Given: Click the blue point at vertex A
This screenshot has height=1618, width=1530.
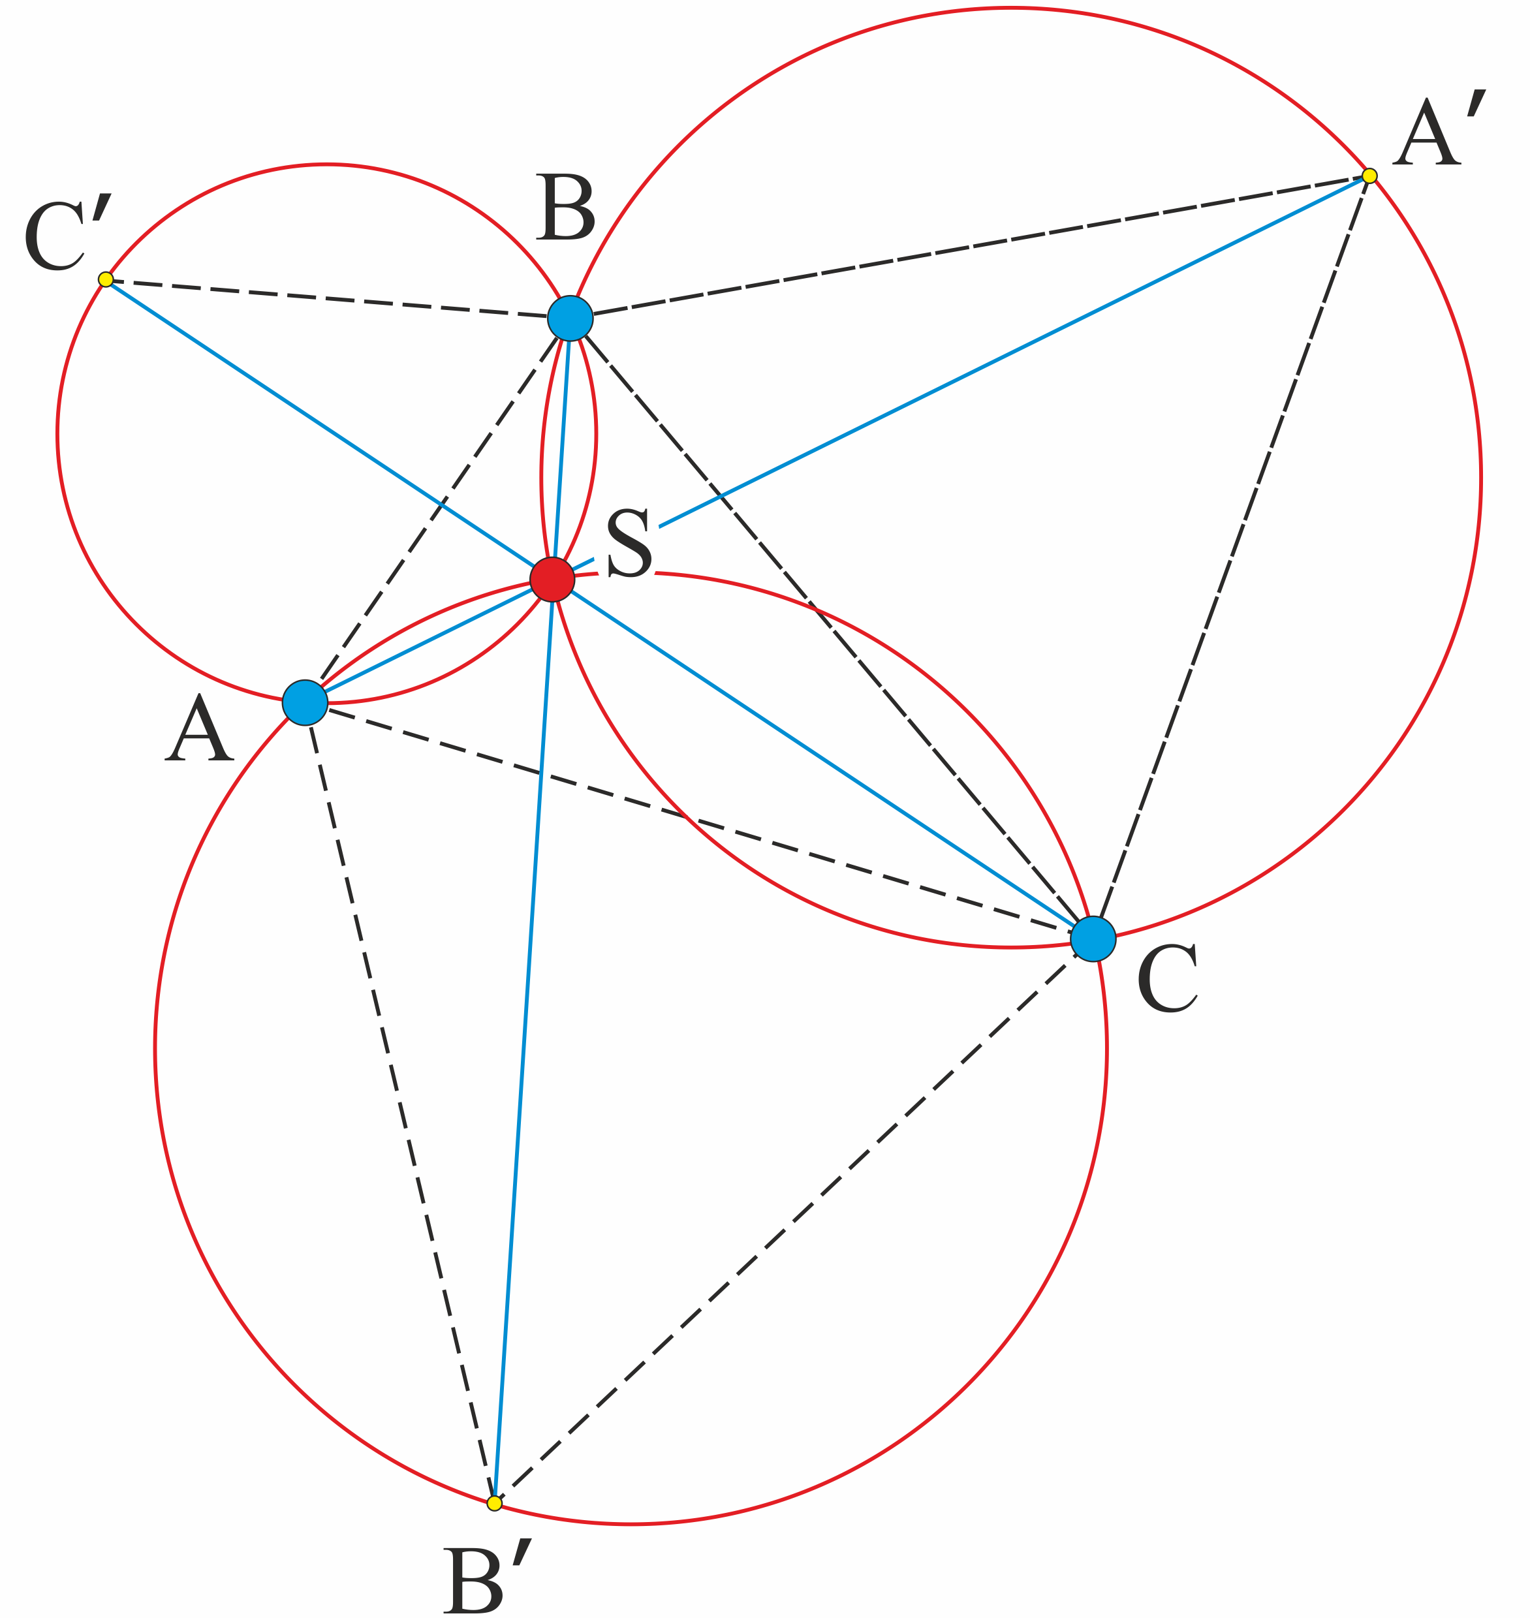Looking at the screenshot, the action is click(305, 702).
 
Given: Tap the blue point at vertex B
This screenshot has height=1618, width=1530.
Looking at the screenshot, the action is click(570, 318).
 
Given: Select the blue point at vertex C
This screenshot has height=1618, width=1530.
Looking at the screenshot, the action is click(1093, 939).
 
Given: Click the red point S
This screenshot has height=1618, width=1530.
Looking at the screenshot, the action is click(552, 580).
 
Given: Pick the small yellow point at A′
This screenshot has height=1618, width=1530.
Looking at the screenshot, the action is click(1370, 176).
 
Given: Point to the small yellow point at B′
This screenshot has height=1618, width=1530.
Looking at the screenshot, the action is click(494, 1503).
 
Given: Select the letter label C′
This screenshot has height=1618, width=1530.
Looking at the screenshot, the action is click(68, 234).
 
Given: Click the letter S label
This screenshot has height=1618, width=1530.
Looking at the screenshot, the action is click(630, 543).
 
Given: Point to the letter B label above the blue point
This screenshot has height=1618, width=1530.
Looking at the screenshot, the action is click(565, 207).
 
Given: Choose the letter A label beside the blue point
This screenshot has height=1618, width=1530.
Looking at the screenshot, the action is click(199, 728).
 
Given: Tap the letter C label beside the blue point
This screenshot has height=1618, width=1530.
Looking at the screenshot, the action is click(1167, 978).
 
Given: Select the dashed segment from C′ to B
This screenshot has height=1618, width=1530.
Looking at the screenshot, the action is click(337, 298).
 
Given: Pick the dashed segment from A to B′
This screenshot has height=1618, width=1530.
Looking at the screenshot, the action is click(399, 1102).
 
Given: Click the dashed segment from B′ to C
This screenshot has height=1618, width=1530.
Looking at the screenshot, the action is click(794, 1221).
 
